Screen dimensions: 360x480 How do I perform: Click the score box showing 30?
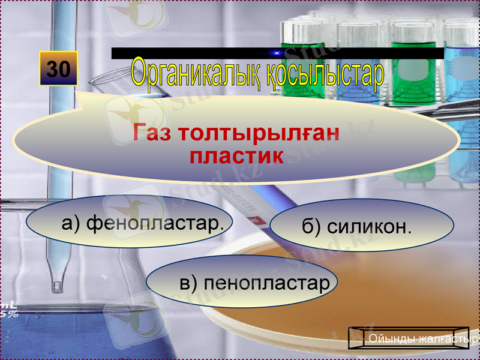click(59, 69)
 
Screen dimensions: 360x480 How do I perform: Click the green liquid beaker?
click(413, 72)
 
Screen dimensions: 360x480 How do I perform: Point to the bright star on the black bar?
click(277, 53)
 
